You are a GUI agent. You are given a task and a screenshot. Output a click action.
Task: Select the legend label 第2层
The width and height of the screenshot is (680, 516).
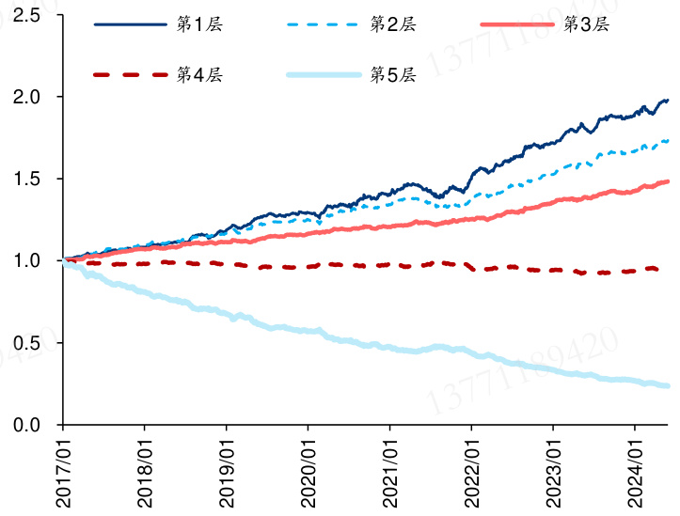tap(393, 23)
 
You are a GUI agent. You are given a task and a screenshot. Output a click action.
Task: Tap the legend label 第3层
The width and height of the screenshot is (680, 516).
tap(586, 23)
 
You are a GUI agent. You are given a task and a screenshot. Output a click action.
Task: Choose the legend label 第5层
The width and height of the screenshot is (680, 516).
tap(393, 73)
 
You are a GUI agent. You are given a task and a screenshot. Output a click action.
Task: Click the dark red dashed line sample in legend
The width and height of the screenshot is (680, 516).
tap(129, 73)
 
